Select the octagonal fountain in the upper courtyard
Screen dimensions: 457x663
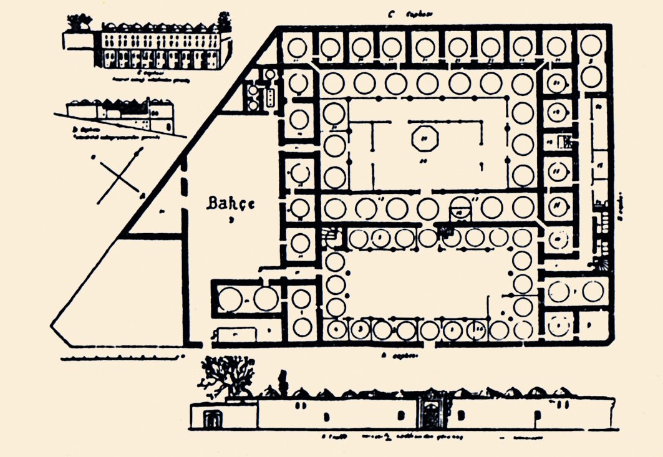pos(425,138)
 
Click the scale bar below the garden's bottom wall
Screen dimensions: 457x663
pos(124,358)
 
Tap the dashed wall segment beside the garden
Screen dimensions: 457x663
pos(184,181)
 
